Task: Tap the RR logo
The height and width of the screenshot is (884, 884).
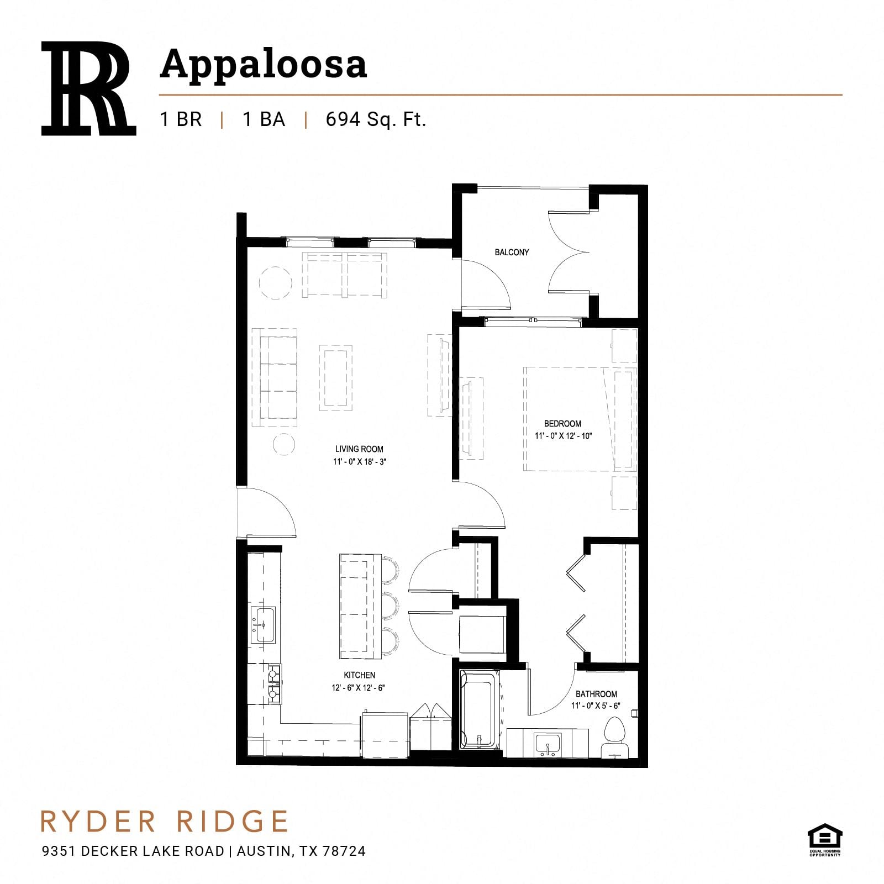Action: click(x=88, y=88)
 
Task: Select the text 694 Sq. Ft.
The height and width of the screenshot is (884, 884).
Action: click(x=376, y=119)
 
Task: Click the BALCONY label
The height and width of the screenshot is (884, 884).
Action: click(x=512, y=252)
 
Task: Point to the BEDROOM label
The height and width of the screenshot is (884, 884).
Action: click(x=562, y=424)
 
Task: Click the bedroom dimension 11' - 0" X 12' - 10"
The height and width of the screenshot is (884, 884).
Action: click(x=563, y=436)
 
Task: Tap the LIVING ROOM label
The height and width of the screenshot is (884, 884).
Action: click(x=359, y=449)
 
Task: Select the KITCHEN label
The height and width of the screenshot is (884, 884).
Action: click(x=359, y=675)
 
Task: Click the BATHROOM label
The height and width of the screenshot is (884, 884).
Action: click(x=596, y=694)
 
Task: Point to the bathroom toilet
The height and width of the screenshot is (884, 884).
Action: click(x=614, y=738)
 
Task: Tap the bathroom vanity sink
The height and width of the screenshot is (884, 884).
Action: click(x=548, y=744)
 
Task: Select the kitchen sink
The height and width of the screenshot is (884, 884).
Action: click(x=263, y=625)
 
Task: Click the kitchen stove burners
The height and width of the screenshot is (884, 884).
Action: click(x=274, y=684)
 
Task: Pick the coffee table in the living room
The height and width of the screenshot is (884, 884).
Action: click(x=335, y=378)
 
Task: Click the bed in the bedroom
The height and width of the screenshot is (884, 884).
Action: click(x=580, y=419)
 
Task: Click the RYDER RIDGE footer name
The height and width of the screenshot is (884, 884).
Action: click(x=165, y=822)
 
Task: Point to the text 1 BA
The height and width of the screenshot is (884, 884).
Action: click(x=264, y=119)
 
